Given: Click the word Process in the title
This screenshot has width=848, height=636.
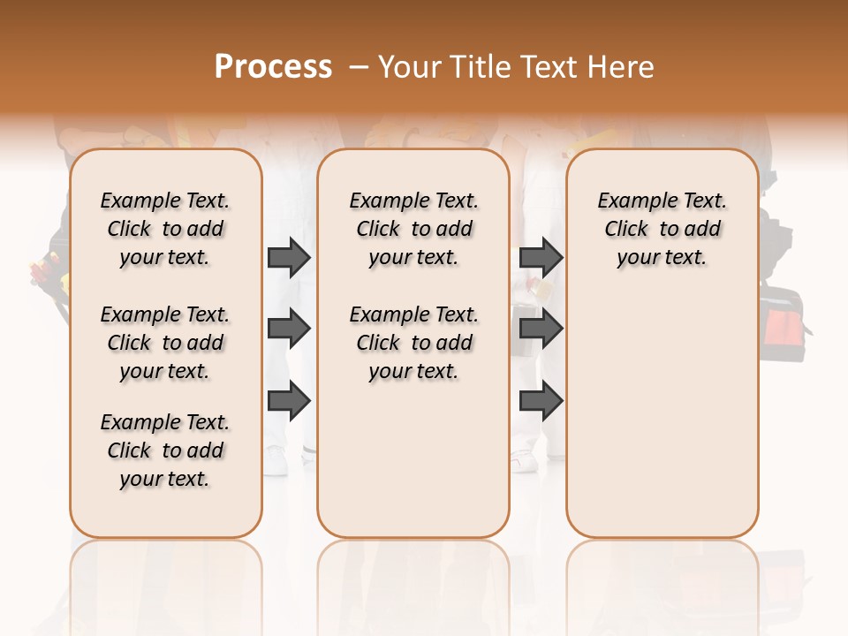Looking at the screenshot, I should pyautogui.click(x=273, y=67).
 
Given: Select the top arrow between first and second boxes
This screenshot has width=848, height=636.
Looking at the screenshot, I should pyautogui.click(x=289, y=258).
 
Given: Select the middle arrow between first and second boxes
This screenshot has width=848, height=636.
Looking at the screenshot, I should pyautogui.click(x=289, y=329).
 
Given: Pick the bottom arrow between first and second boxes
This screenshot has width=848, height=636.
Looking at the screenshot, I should pyautogui.click(x=289, y=401).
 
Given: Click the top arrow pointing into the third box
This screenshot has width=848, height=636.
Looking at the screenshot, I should pyautogui.click(x=541, y=258).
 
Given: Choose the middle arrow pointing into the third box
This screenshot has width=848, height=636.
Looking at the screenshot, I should pyautogui.click(x=541, y=329).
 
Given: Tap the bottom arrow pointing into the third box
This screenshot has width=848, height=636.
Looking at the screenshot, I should pyautogui.click(x=541, y=401).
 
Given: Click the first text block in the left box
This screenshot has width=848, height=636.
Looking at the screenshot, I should pyautogui.click(x=165, y=229).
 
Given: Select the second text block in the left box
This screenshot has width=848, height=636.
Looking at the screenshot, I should pyautogui.click(x=165, y=343).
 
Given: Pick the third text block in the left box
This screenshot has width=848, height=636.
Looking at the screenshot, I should pyautogui.click(x=165, y=450).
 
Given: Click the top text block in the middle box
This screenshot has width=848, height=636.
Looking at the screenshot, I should pyautogui.click(x=413, y=229).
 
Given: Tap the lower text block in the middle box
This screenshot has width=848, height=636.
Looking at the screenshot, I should pyautogui.click(x=413, y=343).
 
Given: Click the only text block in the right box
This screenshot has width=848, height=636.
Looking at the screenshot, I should pyautogui.click(x=662, y=229).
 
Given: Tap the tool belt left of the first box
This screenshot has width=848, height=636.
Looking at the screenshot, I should pyautogui.click(x=49, y=274).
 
